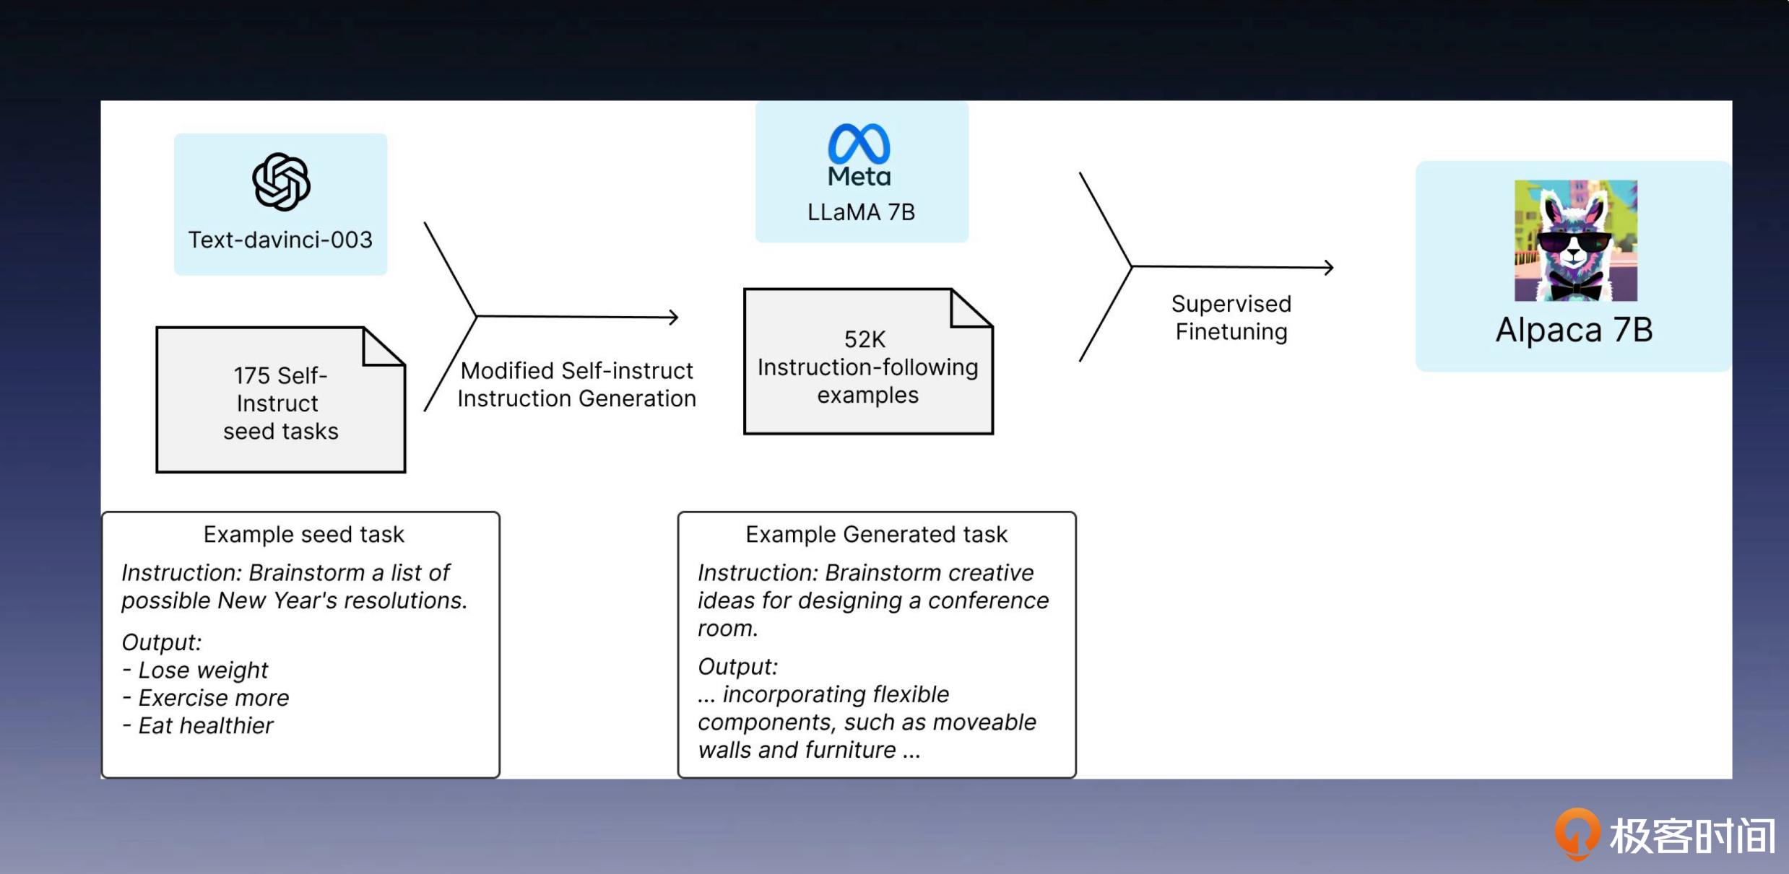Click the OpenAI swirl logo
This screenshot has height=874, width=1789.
pyautogui.click(x=281, y=182)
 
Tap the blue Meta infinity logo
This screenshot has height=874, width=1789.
pyautogui.click(x=859, y=144)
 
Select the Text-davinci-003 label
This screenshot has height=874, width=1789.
pyautogui.click(x=280, y=240)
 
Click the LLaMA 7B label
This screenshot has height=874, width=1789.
pyautogui.click(x=861, y=212)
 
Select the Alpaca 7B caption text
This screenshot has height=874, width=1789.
pyautogui.click(x=1574, y=330)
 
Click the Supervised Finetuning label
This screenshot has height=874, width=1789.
pyautogui.click(x=1231, y=318)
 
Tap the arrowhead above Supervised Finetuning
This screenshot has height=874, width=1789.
pyautogui.click(x=1328, y=268)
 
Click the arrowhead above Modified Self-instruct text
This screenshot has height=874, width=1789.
pyautogui.click(x=673, y=317)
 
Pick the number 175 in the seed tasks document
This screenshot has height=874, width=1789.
pyautogui.click(x=251, y=376)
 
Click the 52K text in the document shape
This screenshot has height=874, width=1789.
pyautogui.click(x=865, y=339)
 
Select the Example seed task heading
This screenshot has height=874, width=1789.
pyautogui.click(x=303, y=534)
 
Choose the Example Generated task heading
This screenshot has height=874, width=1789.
pyautogui.click(x=876, y=534)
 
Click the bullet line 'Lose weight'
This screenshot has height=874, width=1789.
pyautogui.click(x=195, y=670)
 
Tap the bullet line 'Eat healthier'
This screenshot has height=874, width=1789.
pyautogui.click(x=198, y=725)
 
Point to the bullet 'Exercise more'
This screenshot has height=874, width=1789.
pyautogui.click(x=205, y=698)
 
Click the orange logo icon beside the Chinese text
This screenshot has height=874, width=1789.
pyautogui.click(x=1577, y=834)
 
